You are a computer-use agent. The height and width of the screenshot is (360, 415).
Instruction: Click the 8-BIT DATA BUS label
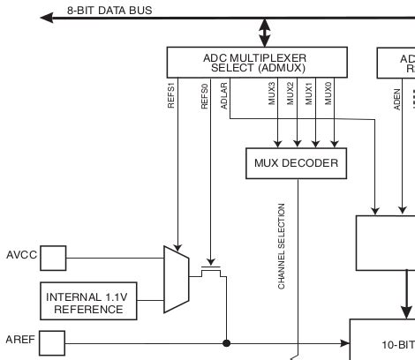coord(109,10)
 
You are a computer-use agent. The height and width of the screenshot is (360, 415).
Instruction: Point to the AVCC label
coord(20,257)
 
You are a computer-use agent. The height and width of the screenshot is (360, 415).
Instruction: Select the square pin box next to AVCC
coord(54,258)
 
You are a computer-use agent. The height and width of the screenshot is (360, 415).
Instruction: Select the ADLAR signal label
coord(225,95)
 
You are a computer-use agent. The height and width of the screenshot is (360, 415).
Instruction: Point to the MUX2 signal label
coord(290,94)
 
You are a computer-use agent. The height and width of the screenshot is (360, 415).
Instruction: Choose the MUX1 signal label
coord(309,94)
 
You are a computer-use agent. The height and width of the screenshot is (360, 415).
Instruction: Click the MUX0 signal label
coord(328,94)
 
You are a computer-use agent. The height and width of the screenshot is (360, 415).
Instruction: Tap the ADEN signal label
coord(398,97)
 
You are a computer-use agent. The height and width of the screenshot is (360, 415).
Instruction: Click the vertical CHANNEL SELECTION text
coord(282,246)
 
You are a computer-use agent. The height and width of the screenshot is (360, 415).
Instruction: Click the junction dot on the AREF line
coord(227,342)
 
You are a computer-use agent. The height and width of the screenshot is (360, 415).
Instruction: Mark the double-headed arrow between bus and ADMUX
coord(264,33)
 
